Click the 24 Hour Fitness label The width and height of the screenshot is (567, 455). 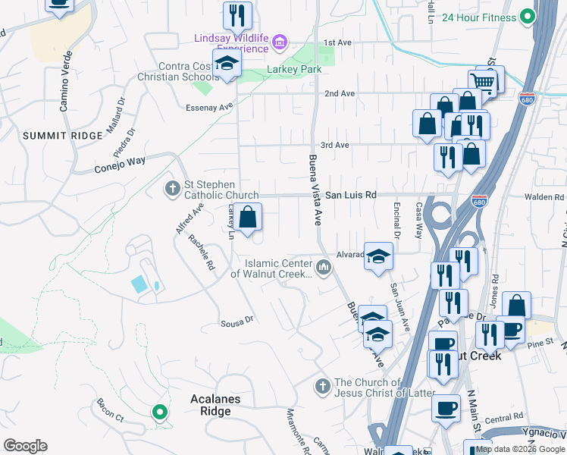(479, 17)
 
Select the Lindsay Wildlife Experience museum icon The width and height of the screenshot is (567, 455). (280, 42)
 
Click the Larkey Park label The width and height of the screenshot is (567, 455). (294, 70)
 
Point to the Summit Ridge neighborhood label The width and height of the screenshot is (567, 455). (62, 136)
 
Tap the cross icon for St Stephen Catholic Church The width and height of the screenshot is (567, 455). (173, 187)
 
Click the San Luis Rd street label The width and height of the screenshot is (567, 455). (350, 195)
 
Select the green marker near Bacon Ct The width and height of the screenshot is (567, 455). (159, 413)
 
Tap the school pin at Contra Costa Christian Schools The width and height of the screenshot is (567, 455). (226, 65)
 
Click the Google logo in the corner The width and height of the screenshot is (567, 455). (25, 445)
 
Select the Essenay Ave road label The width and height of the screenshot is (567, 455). (209, 108)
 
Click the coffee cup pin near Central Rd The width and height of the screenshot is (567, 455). (446, 407)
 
